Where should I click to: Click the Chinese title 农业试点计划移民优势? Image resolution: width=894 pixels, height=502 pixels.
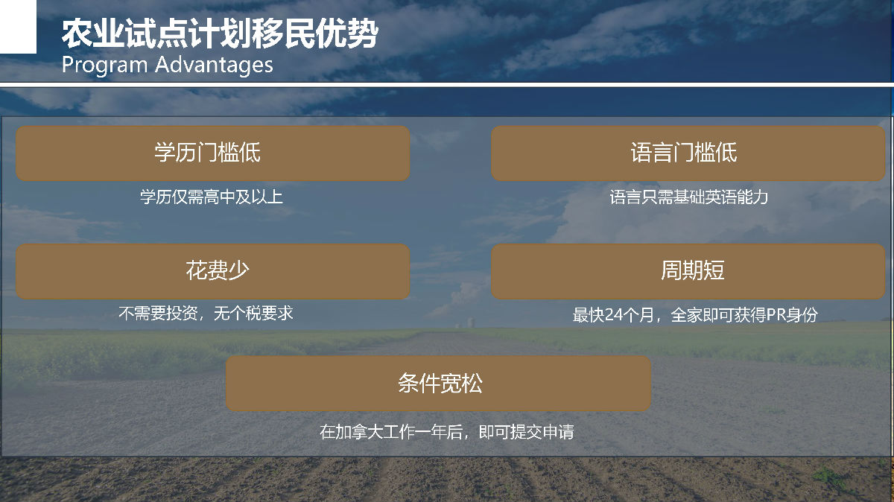[x=220, y=34]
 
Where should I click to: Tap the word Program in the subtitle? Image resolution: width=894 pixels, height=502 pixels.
[x=104, y=66]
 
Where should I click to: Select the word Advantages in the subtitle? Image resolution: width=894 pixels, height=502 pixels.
[x=214, y=65]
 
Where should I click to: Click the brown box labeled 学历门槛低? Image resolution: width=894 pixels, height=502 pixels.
[x=213, y=153]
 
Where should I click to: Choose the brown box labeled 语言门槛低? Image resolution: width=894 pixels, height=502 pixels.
[x=688, y=153]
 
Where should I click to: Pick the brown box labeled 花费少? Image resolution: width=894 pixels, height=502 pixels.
[x=213, y=271]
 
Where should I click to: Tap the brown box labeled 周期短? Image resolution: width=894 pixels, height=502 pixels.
[x=688, y=271]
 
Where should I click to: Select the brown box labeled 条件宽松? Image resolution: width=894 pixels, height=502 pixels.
[x=438, y=384]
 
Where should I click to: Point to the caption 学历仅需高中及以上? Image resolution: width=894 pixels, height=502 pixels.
[x=212, y=197]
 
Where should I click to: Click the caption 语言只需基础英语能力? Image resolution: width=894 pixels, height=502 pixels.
[x=689, y=197]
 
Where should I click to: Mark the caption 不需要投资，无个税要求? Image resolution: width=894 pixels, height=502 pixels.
[x=206, y=314]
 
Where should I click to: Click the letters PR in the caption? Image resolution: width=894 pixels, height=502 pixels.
[x=776, y=315]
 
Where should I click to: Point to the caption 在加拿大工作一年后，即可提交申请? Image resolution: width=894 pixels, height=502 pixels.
[x=447, y=432]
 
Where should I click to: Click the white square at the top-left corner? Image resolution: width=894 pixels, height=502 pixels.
[x=18, y=27]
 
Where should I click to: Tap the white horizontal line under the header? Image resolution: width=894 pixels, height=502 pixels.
[x=447, y=85]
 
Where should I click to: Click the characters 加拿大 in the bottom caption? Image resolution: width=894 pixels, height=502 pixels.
[x=359, y=432]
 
